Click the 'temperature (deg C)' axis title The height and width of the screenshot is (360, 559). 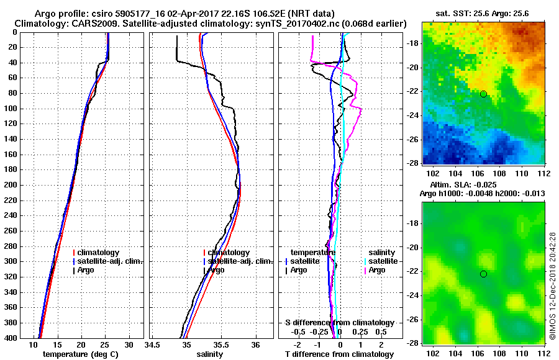click(80, 354)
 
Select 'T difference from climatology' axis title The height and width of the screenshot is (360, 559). click(339, 354)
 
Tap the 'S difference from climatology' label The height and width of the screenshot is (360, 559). click(339, 323)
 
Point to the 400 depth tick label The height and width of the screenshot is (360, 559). click(9, 338)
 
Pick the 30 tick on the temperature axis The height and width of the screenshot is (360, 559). click(129, 344)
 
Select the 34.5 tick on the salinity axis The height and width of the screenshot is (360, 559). click(153, 344)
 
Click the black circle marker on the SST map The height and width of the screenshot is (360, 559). click(483, 94)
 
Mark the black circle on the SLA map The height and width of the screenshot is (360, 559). click(483, 274)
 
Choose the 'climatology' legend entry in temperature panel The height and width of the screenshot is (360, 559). click(98, 253)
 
